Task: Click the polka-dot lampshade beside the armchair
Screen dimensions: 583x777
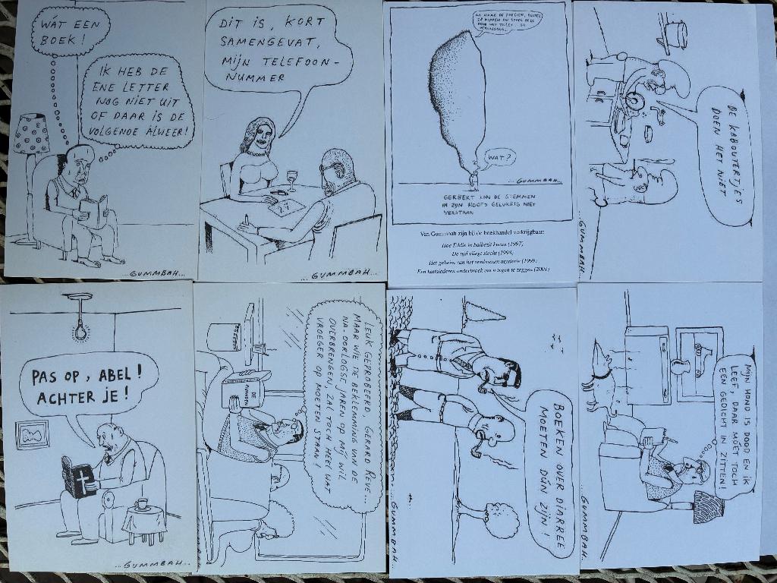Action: point(31,134)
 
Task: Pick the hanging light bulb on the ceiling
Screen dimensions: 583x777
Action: point(79,331)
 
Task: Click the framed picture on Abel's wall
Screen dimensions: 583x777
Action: point(32,434)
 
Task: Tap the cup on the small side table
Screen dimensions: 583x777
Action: point(141,504)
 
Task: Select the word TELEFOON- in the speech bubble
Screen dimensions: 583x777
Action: point(287,61)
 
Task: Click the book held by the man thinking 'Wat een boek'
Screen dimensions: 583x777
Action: point(93,211)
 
